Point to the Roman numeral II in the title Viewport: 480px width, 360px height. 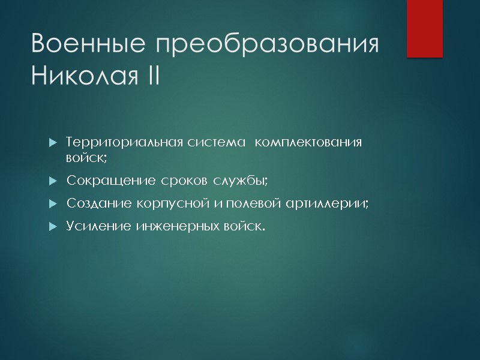click(x=150, y=76)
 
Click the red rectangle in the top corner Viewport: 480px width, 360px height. click(x=424, y=28)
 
